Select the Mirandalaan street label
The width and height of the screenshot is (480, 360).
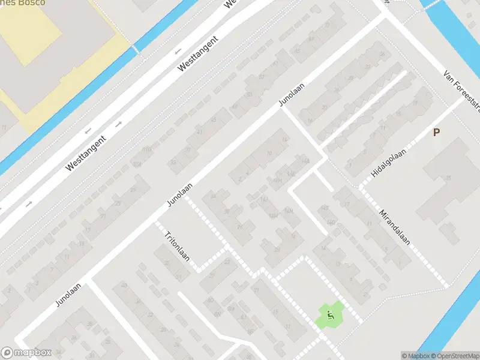(395, 227)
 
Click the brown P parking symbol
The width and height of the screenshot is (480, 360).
(436, 133)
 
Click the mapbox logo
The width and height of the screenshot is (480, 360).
(26, 353)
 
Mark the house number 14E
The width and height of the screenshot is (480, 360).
(292, 174)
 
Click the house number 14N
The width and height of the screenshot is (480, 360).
(290, 211)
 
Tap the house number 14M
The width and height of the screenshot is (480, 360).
(274, 215)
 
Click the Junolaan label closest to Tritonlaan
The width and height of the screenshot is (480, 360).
(181, 196)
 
